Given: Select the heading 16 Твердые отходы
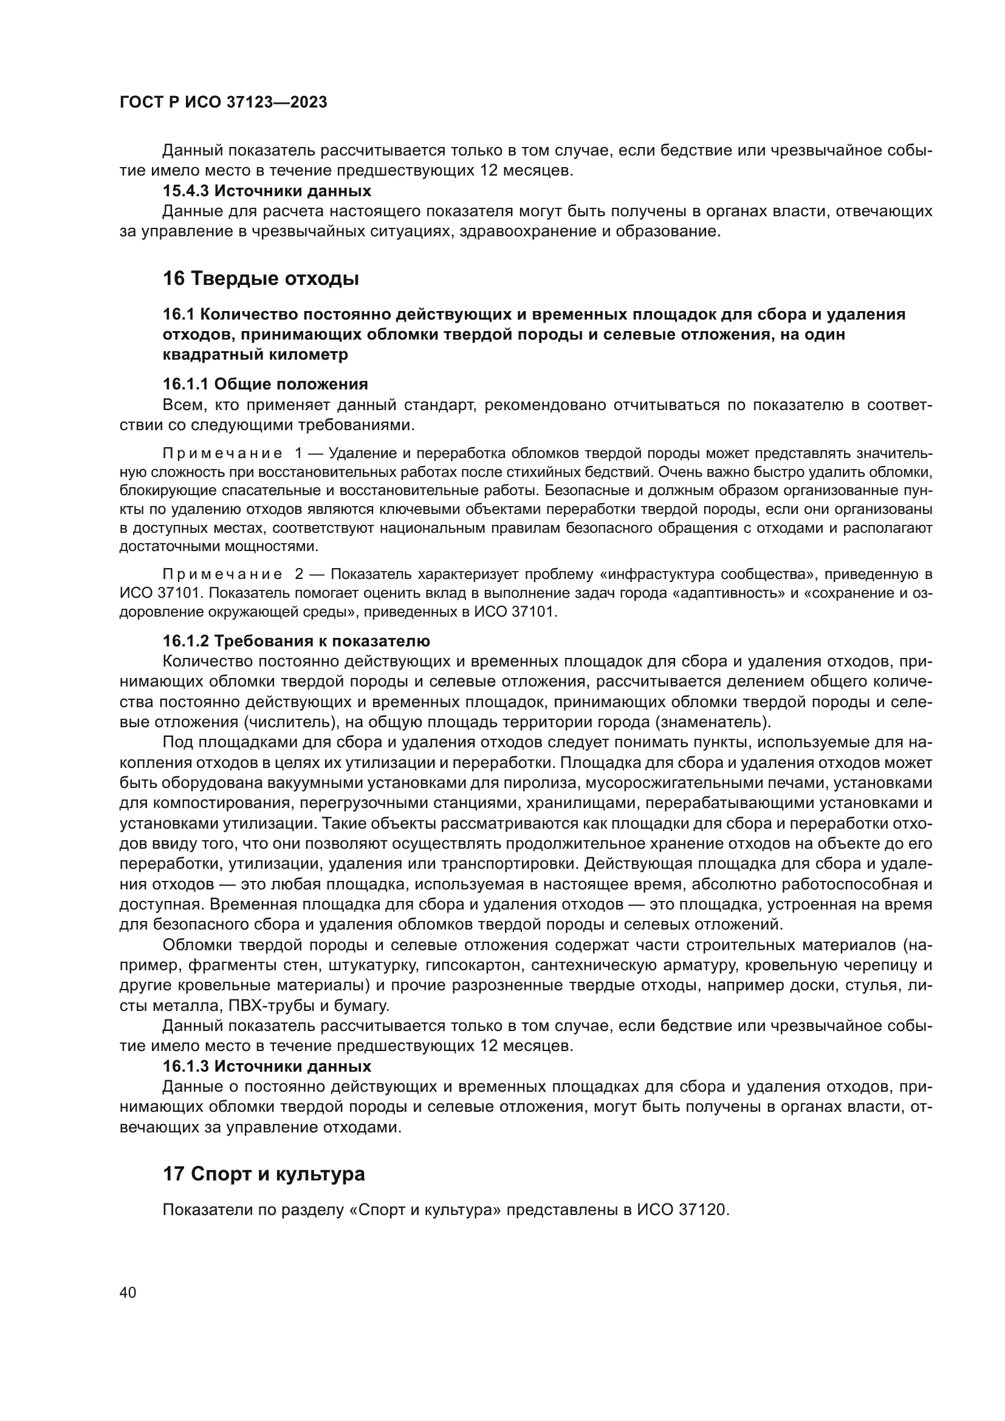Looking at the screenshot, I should point(261,278).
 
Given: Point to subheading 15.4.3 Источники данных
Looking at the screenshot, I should point(267,191).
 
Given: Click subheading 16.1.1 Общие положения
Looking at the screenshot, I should point(265,385).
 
